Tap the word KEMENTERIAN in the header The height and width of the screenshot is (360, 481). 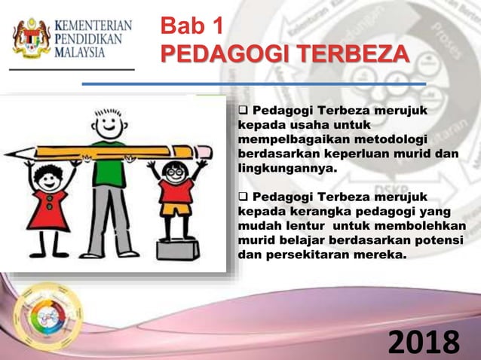(x=94, y=26)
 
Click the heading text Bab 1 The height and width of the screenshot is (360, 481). (x=191, y=28)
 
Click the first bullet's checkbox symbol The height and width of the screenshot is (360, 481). (x=243, y=112)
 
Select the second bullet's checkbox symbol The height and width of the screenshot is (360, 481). (x=243, y=198)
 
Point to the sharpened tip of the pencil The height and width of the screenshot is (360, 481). (x=20, y=154)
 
